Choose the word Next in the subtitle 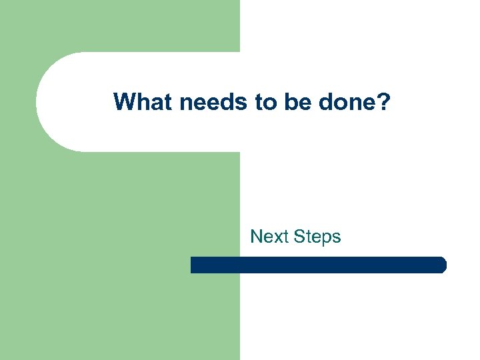pos(268,237)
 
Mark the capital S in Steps pos(297,237)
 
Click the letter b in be pos(285,101)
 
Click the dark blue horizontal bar pos(318,265)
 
